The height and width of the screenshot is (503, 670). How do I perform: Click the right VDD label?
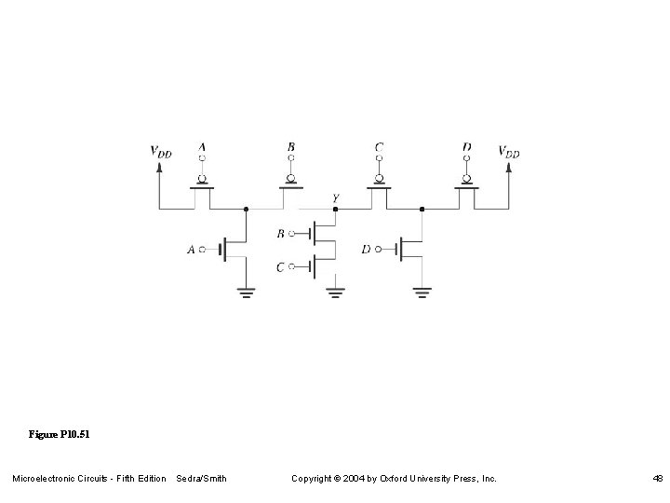(x=509, y=151)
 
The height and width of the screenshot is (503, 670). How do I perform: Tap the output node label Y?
(x=335, y=198)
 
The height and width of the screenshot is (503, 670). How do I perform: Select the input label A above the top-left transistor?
(x=202, y=147)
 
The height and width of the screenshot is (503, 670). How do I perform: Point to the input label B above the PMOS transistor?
(x=291, y=147)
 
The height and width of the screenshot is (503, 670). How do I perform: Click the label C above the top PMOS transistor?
(x=379, y=147)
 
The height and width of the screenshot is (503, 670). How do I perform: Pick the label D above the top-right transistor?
(x=466, y=147)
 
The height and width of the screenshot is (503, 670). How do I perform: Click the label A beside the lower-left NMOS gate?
(x=191, y=250)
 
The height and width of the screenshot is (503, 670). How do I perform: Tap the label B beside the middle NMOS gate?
(x=280, y=233)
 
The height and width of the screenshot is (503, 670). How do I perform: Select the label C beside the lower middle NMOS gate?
(x=280, y=267)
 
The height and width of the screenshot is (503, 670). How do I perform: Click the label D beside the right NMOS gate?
(x=366, y=249)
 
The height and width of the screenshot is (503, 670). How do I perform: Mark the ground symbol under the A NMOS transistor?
(x=246, y=292)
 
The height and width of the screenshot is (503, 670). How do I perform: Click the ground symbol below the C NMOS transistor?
(x=335, y=293)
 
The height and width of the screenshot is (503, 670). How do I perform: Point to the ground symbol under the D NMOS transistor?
(x=422, y=292)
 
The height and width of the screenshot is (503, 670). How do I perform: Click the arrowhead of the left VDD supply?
(x=160, y=168)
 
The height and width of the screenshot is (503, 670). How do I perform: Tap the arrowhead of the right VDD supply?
(x=509, y=168)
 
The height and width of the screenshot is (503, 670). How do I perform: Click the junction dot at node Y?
(x=335, y=210)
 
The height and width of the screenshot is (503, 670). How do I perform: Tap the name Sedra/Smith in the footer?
(x=201, y=479)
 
